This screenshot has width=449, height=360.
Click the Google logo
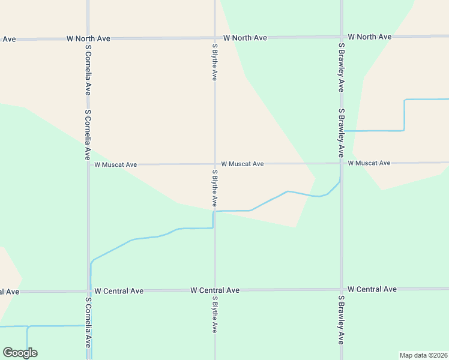[20, 352]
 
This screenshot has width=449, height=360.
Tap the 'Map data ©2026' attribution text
[423, 355]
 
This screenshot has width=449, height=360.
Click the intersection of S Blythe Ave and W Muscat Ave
[215, 164]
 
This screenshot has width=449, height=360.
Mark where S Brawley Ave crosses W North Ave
[341, 37]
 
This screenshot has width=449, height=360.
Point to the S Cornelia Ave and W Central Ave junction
[88, 291]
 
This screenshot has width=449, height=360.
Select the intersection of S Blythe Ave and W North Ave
[215, 38]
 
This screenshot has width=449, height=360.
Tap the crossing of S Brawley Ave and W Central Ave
[341, 290]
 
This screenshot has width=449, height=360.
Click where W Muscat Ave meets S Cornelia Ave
[88, 164]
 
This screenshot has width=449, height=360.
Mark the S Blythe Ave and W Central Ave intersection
[215, 290]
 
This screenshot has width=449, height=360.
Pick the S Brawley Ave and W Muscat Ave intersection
[341, 163]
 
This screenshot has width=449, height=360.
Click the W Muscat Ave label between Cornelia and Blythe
[115, 164]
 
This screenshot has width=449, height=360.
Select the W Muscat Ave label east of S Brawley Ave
[369, 163]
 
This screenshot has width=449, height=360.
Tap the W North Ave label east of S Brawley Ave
[370, 37]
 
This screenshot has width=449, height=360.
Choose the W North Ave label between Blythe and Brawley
[245, 38]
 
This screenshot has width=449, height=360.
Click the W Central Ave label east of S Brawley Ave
[372, 289]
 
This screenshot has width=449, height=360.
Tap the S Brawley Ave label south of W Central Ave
[341, 319]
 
